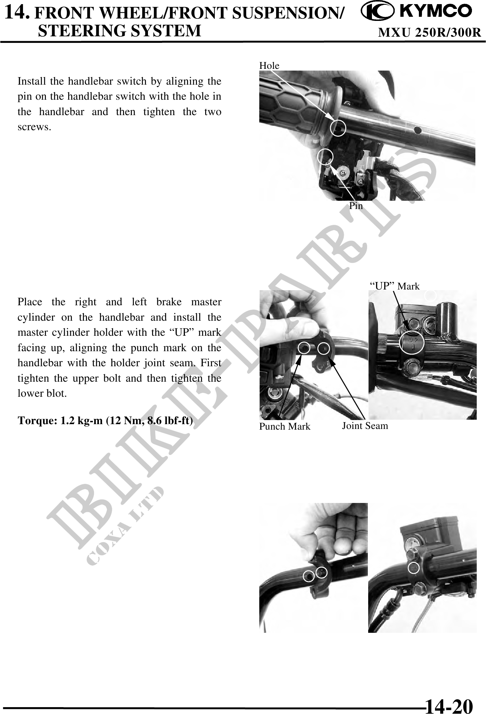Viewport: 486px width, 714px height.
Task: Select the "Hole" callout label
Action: [269, 65]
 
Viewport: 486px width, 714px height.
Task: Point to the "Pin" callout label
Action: [356, 206]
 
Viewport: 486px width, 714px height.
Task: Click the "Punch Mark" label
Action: [285, 427]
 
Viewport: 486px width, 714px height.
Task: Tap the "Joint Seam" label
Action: [365, 426]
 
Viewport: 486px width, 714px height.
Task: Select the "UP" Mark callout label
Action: [395, 286]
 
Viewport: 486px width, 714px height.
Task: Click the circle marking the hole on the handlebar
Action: [338, 128]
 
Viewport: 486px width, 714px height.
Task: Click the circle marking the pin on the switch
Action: [325, 157]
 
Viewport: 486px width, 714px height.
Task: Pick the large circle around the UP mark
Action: [412, 342]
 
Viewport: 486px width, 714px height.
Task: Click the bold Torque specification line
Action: [105, 420]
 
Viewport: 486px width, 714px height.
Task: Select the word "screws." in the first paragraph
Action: [35, 127]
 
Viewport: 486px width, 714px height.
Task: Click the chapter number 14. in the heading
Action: [19, 13]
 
